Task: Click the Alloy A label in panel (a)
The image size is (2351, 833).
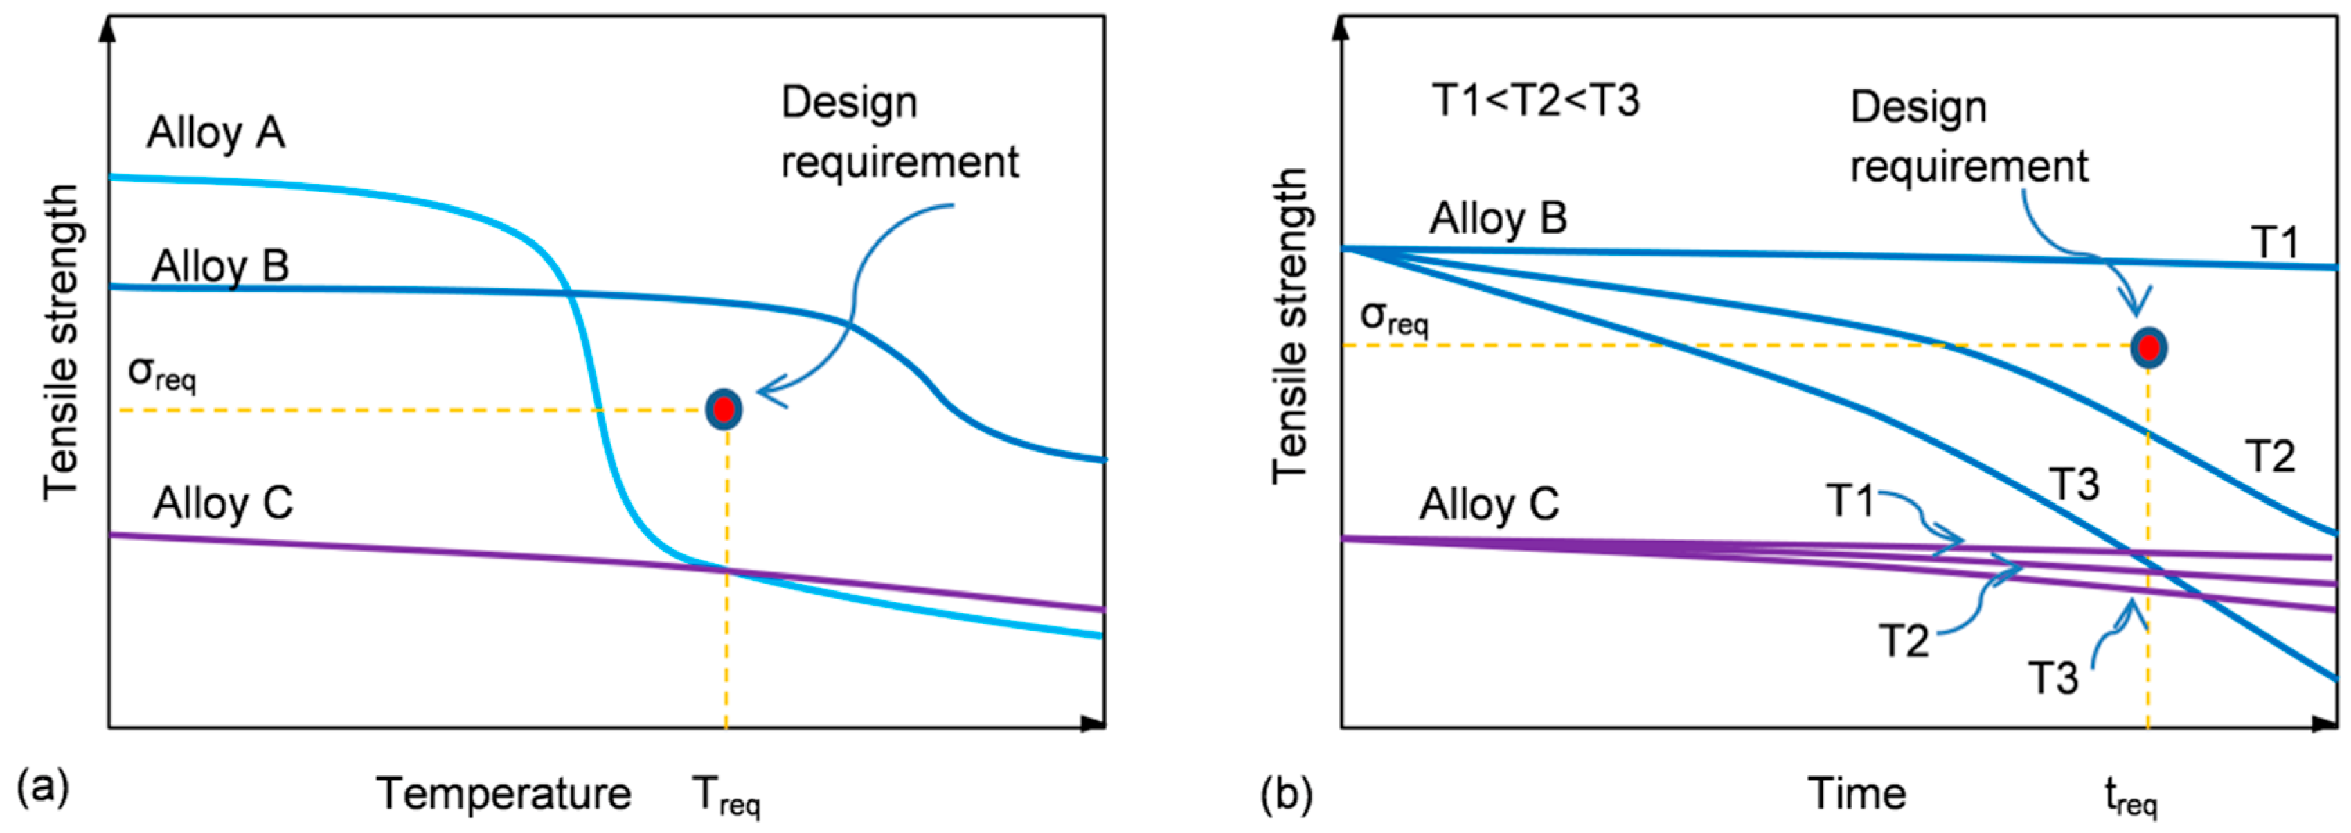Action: [216, 133]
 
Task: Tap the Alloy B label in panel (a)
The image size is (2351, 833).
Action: [220, 267]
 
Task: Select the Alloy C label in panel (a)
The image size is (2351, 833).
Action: [223, 503]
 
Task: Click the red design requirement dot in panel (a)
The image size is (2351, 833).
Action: [724, 409]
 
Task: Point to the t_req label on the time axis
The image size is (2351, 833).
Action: [2130, 796]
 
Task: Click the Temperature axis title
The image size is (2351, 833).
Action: [504, 793]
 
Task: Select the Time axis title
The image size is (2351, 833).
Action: [1857, 793]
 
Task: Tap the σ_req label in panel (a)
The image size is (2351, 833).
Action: [161, 373]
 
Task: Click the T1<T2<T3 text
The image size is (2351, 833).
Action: [1535, 100]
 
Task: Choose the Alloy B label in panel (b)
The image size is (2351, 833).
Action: [1498, 219]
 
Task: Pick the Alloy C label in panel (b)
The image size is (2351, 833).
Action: [1489, 505]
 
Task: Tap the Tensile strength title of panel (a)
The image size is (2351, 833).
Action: [61, 342]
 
